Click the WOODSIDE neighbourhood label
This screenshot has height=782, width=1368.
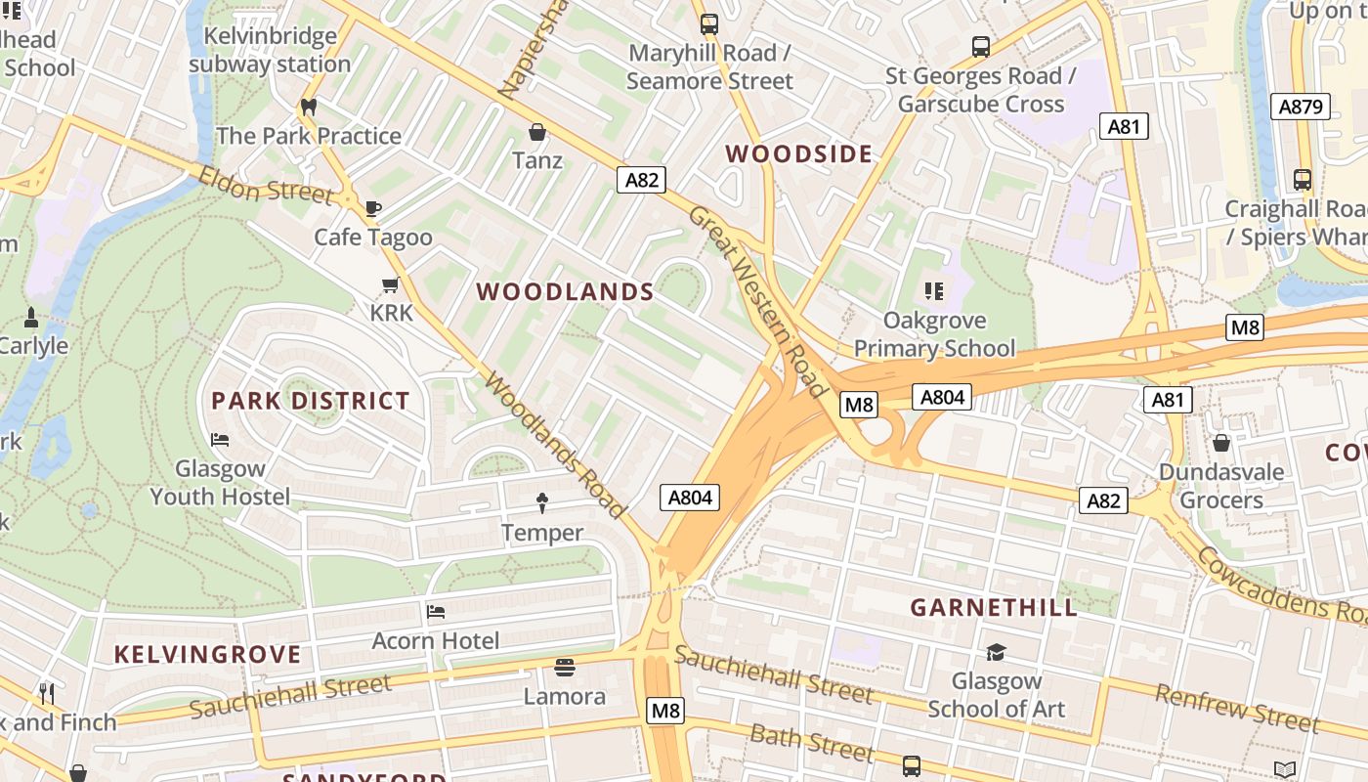tap(799, 153)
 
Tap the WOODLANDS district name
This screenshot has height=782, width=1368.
tap(565, 291)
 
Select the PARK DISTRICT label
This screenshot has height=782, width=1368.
tap(311, 401)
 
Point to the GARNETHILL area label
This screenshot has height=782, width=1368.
tap(994, 607)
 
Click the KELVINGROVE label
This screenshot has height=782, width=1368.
tap(207, 654)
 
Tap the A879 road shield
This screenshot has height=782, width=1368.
tap(1301, 107)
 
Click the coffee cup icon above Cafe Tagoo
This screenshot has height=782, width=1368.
tap(372, 208)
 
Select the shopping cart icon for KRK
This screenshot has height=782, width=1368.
tap(391, 285)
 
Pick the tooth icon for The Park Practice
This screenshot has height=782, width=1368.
tap(309, 107)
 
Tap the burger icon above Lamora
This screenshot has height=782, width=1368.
tap(564, 668)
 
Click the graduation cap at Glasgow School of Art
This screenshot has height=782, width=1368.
tap(996, 652)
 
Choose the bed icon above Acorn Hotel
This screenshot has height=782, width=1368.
tap(436, 612)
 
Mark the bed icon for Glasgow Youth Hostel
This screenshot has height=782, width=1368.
tap(220, 440)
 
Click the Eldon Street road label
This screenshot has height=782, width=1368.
tap(266, 186)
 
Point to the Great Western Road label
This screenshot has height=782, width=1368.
tap(758, 301)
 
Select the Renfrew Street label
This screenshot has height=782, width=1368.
tap(1237, 709)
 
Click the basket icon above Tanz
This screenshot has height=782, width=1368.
tap(536, 132)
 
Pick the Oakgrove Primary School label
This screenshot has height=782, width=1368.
tap(934, 334)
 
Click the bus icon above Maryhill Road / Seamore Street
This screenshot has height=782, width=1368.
tap(709, 24)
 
